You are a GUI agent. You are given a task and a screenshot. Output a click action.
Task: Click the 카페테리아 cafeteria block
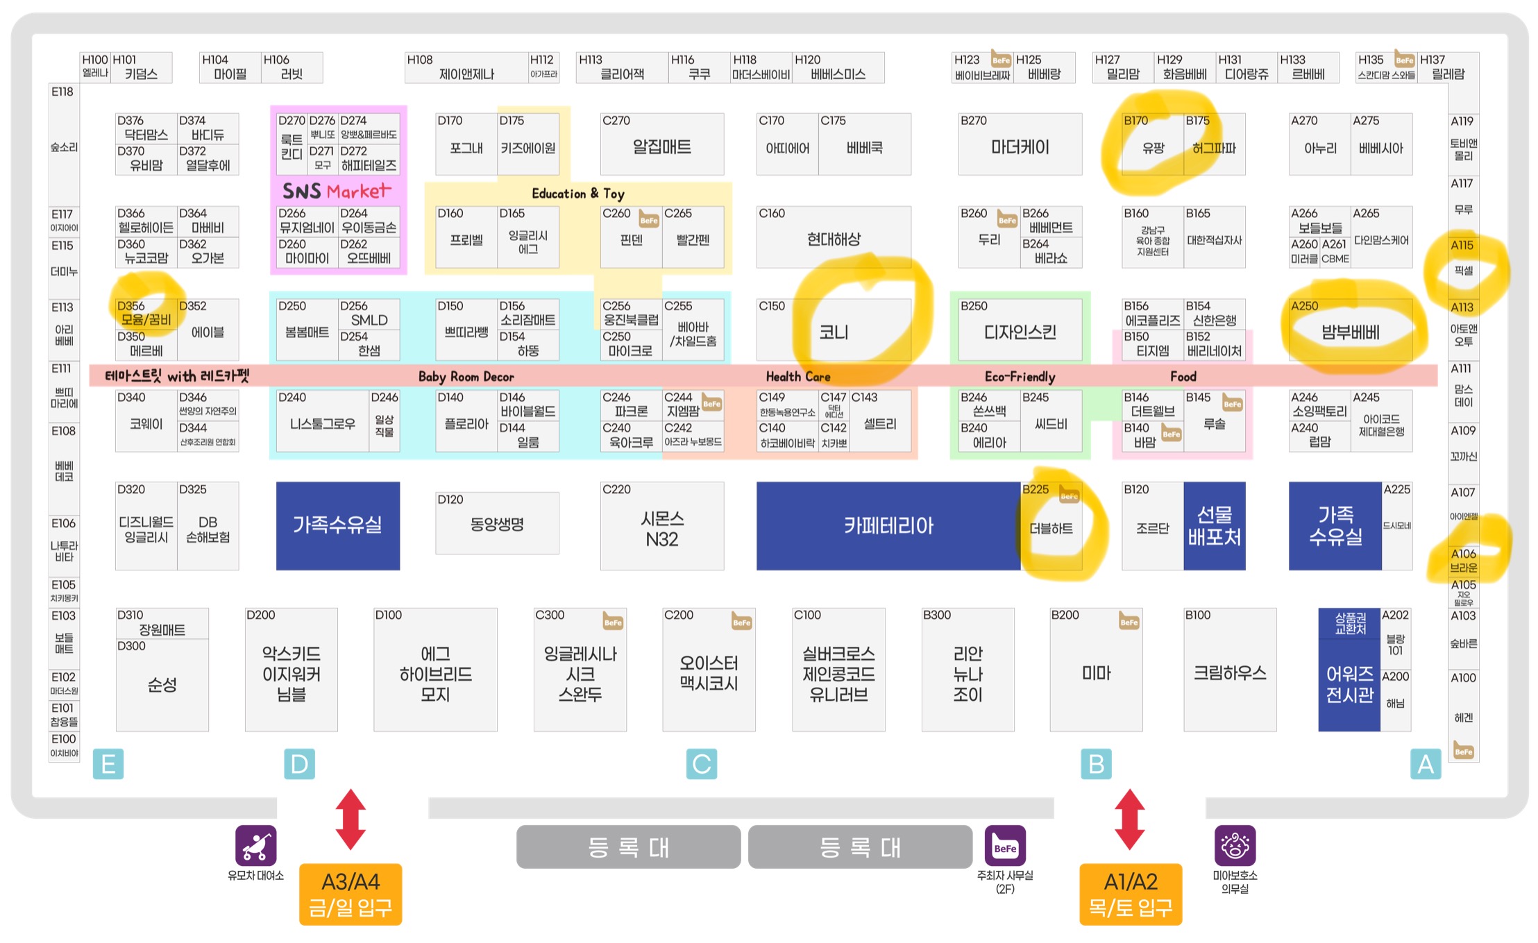(888, 526)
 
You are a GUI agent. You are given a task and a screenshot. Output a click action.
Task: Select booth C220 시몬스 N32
(661, 527)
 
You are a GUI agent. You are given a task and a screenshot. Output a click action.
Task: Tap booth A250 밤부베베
(1350, 332)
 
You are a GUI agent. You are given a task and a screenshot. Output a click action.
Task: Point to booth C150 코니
(833, 332)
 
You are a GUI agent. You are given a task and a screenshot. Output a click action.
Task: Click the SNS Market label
(337, 191)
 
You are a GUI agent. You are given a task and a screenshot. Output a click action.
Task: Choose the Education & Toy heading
(577, 194)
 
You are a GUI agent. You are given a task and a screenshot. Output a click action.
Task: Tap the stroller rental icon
(255, 845)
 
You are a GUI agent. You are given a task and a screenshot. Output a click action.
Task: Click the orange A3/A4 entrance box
(350, 894)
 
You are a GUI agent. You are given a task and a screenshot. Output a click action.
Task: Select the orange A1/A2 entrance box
(1131, 894)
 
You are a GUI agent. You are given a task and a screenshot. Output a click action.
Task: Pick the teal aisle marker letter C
(701, 764)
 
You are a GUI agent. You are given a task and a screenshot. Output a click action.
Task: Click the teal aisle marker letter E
(108, 764)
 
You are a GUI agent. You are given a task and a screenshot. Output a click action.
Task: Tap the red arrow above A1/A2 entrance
(1129, 819)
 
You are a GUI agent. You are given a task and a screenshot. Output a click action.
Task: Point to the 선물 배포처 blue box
(1214, 526)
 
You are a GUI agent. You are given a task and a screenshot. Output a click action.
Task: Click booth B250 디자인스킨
(1020, 332)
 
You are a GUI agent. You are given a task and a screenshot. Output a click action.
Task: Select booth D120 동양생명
(497, 524)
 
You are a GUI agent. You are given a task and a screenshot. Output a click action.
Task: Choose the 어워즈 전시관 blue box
(1349, 683)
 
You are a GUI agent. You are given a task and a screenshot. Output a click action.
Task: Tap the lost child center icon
(1235, 845)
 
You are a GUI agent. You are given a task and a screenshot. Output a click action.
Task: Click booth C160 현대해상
(833, 239)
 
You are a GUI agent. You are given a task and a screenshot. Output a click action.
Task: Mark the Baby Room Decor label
(466, 377)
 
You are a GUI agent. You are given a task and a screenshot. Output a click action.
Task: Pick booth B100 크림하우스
(1229, 671)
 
